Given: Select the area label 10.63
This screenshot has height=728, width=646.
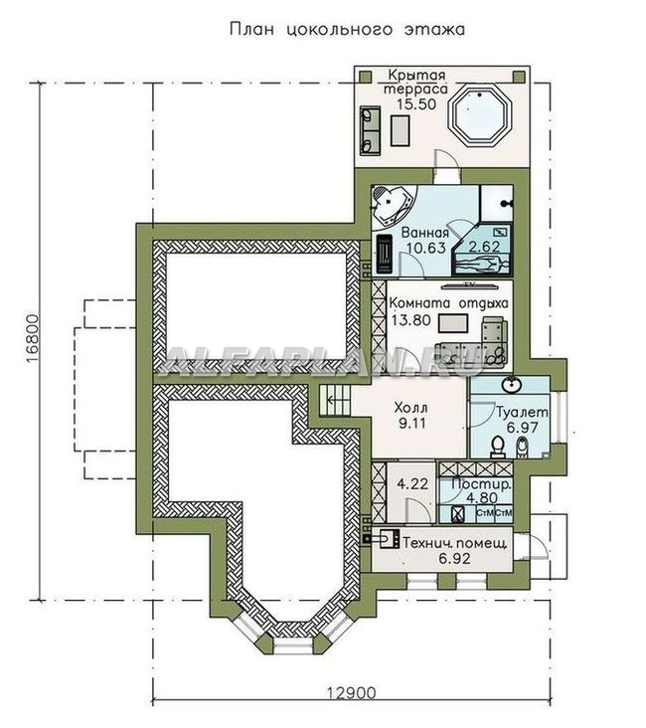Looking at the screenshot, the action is click(426, 248).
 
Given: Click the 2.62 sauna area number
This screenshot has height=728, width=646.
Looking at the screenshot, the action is click(484, 246).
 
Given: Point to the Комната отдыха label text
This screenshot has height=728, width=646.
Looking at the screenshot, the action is click(448, 303).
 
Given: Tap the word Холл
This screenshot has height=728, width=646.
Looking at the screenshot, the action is click(410, 408).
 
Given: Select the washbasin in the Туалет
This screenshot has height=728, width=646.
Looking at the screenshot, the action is click(511, 384).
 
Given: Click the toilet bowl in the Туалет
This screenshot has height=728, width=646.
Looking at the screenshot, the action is click(497, 445).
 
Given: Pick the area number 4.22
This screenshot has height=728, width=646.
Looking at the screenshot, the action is click(412, 483).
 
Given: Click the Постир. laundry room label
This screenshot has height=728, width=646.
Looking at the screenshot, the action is click(482, 483).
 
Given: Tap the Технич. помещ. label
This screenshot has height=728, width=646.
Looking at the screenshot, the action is click(455, 543).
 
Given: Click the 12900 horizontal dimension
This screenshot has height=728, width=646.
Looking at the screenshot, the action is click(352, 693).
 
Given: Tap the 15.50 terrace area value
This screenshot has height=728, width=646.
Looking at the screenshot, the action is click(416, 104).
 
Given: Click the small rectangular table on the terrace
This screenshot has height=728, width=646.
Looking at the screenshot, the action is click(401, 130).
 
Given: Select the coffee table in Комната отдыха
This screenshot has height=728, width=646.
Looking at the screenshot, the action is click(453, 323).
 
